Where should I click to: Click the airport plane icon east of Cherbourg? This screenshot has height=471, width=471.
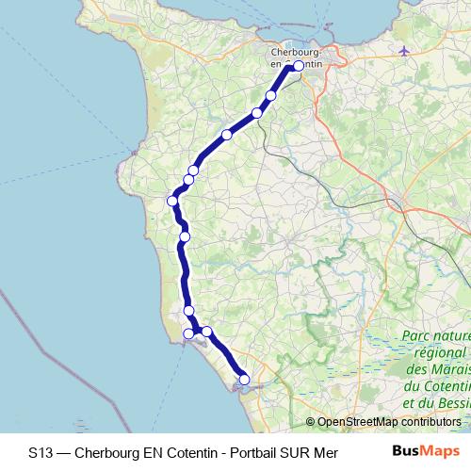point(406,50)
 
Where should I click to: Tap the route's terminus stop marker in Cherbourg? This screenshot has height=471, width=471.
point(299,66)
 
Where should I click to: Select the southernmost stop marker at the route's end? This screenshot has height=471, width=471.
point(244,379)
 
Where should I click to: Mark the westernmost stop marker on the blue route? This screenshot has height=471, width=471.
point(173,200)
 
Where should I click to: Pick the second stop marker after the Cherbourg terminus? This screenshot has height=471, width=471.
point(257,113)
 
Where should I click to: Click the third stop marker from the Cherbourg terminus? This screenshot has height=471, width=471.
point(227,135)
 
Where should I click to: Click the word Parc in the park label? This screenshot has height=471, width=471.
point(418,335)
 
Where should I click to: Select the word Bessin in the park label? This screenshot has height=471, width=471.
point(448,401)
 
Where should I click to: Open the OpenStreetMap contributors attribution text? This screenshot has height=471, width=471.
point(386,422)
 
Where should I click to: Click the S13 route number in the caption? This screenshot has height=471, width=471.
point(41,452)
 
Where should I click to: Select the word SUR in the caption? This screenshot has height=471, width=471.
point(295,452)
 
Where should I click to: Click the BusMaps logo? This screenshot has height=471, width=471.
point(421,452)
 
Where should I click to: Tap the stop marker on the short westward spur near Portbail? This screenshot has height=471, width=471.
point(188,333)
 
